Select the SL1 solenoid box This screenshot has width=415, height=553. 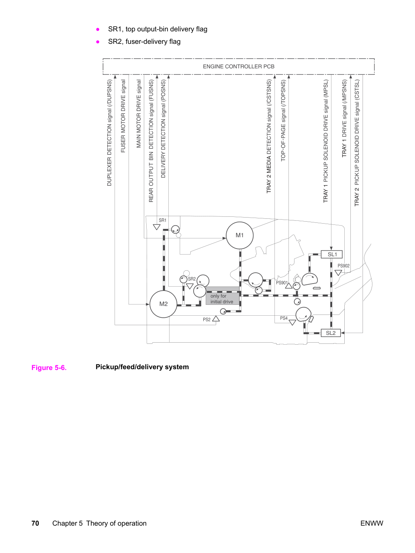click(332, 255)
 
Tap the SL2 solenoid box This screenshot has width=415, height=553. click(331, 333)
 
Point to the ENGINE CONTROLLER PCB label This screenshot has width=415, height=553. click(239, 66)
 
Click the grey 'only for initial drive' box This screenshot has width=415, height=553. click(223, 296)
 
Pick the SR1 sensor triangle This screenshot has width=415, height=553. click(157, 227)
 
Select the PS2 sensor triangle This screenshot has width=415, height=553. click(216, 319)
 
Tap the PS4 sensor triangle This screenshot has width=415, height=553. click(292, 322)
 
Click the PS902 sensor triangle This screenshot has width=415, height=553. click(338, 273)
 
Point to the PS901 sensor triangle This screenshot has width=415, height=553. click(289, 286)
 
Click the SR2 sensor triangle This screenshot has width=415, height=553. click(190, 286)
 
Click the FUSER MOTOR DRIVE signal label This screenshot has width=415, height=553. click(123, 116)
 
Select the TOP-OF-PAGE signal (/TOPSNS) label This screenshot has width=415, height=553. click(283, 121)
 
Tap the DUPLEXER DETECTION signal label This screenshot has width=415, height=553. click(109, 133)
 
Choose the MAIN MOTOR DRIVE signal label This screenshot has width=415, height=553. click(139, 114)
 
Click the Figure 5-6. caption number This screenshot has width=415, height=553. click(49, 368)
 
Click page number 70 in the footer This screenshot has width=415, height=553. click(35, 523)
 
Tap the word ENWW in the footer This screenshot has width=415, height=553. click(372, 523)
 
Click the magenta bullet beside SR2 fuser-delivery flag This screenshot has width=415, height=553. click(98, 42)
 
